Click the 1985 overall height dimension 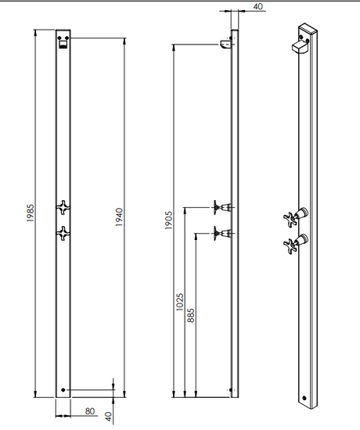31,213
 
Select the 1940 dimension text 120,217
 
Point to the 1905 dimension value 168,220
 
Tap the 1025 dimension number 179,302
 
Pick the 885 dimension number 191,315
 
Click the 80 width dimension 90,411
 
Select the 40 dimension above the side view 257,6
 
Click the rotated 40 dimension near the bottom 109,417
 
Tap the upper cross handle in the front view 63,207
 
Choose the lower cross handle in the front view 63,234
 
